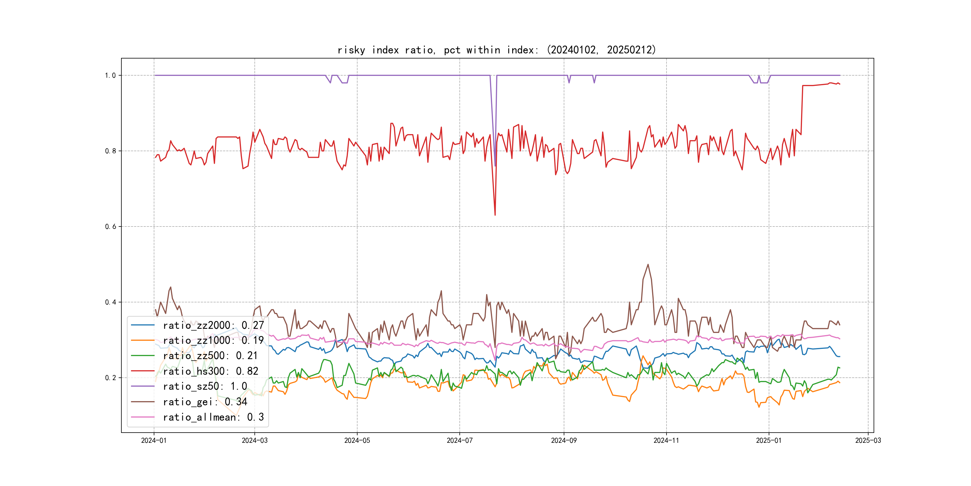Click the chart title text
pos(496,50)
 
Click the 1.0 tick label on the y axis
pos(110,76)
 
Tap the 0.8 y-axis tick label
pos(110,151)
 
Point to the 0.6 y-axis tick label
pos(110,226)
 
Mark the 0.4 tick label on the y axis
pos(110,302)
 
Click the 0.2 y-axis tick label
pos(110,378)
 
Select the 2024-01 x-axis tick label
pos(154,440)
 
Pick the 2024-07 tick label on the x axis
pos(459,440)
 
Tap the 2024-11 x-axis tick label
pos(666,440)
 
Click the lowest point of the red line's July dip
pos(495,215)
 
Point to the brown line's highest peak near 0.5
pos(648,265)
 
